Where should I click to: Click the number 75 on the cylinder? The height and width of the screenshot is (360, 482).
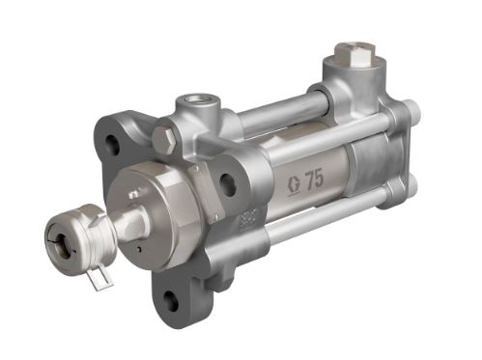[313, 179]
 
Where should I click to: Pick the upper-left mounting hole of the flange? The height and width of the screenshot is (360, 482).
[114, 146]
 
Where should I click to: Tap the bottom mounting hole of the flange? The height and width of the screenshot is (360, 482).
[171, 295]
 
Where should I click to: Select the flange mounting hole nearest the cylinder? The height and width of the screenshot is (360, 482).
[229, 185]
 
